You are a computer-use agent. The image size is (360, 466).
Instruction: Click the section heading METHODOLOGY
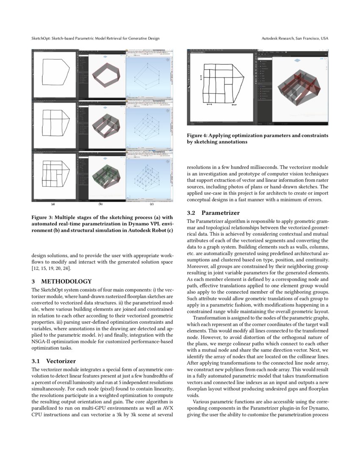[66, 281]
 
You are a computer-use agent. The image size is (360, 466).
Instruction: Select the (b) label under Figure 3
[101, 204]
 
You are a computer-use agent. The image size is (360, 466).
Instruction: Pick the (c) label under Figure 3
[152, 204]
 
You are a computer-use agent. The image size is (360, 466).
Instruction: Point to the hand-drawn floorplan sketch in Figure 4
[222, 85]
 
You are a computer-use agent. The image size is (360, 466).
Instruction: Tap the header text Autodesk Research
[277, 39]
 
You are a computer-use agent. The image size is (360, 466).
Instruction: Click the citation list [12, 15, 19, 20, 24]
[52, 268]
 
